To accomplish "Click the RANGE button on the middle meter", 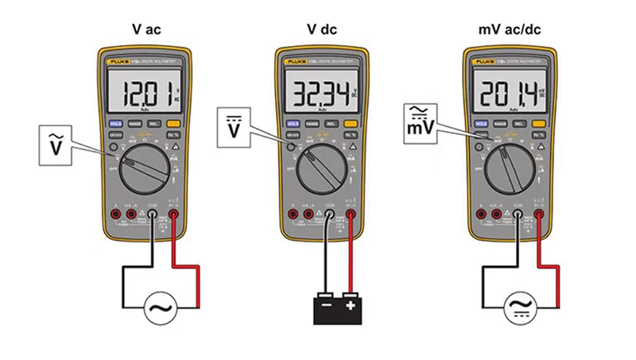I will pos(313,124).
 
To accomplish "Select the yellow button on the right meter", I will pos(539,124).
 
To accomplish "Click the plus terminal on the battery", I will pos(351,304).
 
